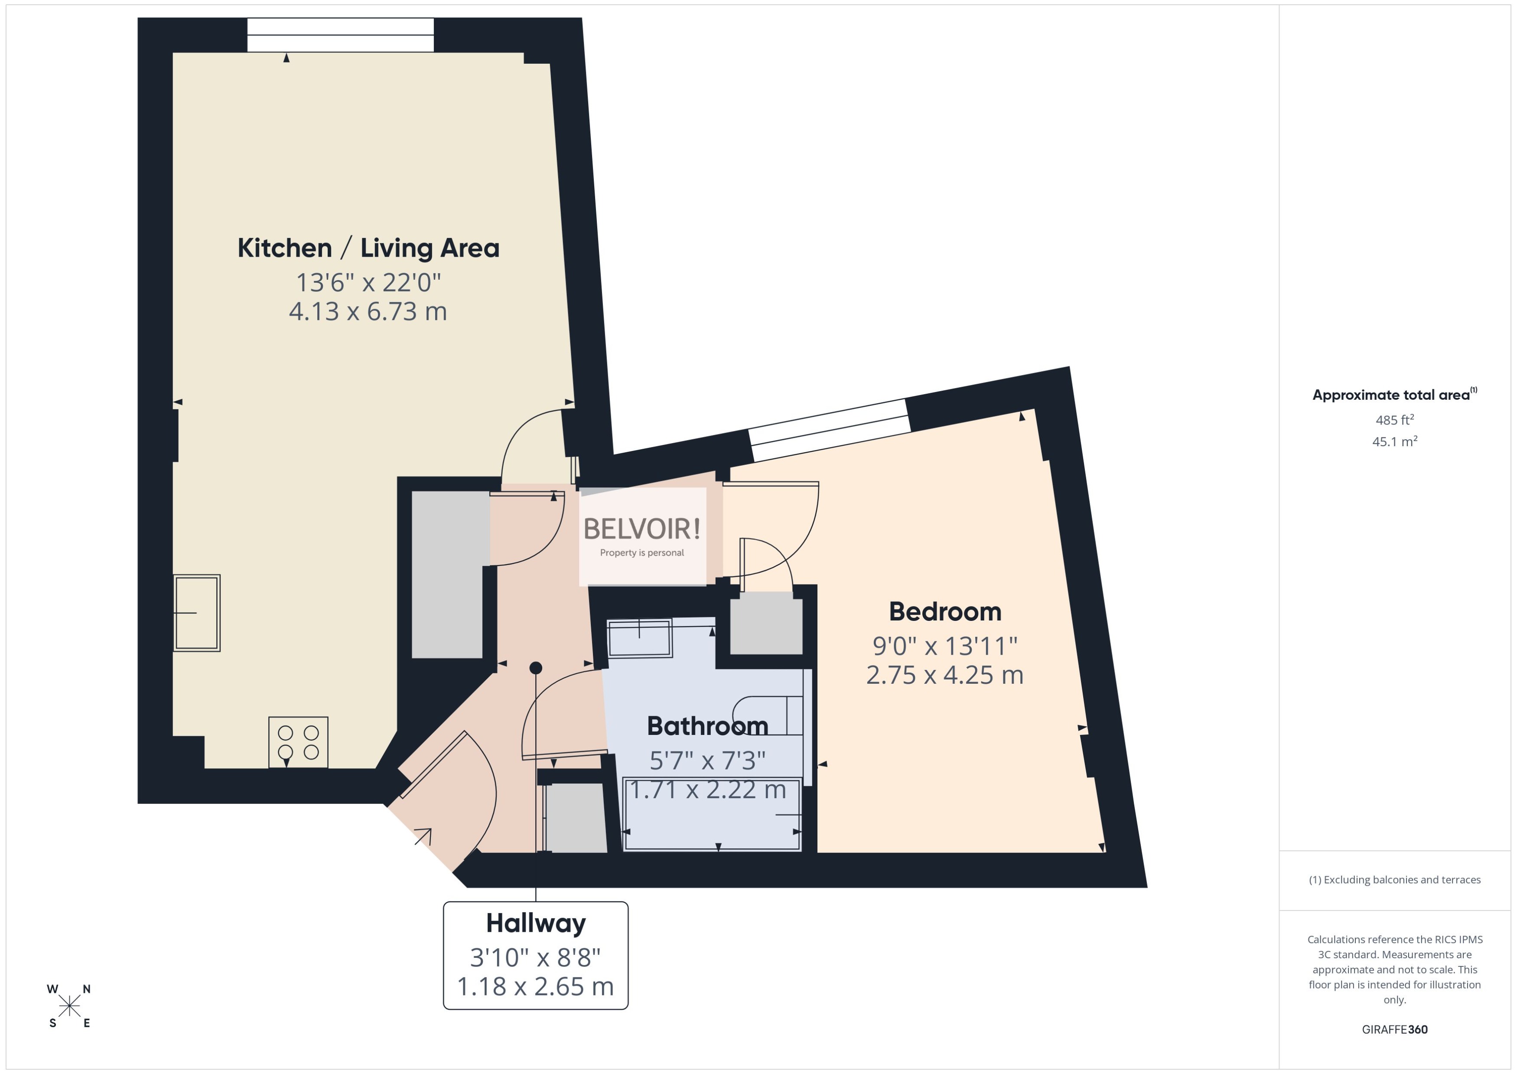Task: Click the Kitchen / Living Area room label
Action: (x=368, y=248)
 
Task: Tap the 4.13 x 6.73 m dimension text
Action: (x=368, y=311)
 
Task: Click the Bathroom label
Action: (x=707, y=726)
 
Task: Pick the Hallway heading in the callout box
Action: (x=535, y=923)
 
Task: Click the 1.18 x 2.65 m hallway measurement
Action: (x=535, y=987)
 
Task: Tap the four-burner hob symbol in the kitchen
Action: (x=298, y=742)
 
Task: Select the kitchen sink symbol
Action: (x=197, y=613)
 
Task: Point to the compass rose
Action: (x=69, y=1006)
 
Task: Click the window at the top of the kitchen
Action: (x=340, y=35)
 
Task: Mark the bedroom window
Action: (x=830, y=431)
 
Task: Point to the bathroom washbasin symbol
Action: (x=639, y=638)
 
